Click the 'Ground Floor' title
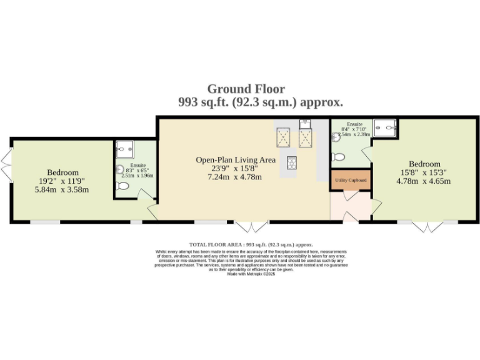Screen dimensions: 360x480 246,89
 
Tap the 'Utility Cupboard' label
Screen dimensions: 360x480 351,180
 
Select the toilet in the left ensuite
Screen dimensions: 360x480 123,185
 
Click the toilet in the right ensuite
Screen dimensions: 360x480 339,156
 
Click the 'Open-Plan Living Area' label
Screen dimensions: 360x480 236,160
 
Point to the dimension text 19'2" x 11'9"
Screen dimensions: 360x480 62,181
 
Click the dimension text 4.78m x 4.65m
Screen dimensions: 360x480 425,181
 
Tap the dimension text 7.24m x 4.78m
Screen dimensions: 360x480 236,177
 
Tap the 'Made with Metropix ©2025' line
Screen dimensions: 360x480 251,274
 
